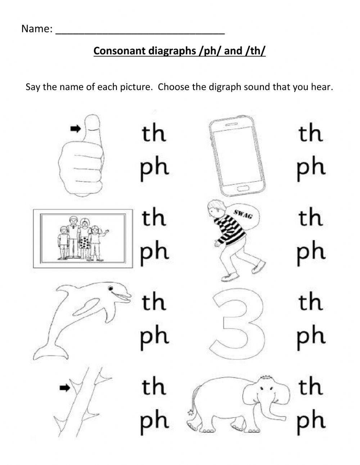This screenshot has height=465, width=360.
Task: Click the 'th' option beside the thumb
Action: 154,134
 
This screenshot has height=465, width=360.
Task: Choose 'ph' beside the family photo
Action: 154,252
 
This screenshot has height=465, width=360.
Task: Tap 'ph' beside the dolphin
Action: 154,336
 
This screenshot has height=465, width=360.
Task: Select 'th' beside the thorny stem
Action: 154,387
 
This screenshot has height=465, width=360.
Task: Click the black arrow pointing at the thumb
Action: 75,129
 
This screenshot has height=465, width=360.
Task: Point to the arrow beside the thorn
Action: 64,388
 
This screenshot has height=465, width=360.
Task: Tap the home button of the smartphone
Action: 240,188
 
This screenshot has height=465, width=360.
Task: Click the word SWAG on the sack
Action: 243,214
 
